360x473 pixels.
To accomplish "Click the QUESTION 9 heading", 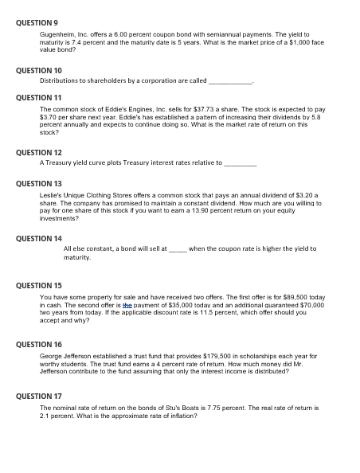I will click(x=37, y=23).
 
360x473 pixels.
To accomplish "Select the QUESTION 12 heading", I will click(x=39, y=151).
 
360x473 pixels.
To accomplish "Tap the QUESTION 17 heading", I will click(x=39, y=395).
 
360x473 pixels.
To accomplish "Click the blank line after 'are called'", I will click(x=231, y=81).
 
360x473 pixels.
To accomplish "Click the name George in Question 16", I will click(x=51, y=356).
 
